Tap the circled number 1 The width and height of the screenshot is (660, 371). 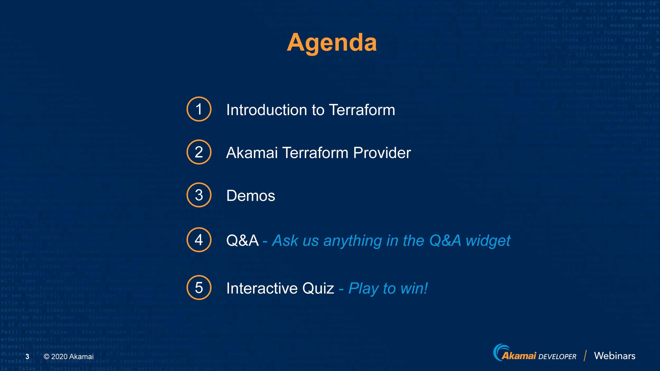coord(199,109)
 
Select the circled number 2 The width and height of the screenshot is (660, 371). coord(199,152)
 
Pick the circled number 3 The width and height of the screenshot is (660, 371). coord(199,195)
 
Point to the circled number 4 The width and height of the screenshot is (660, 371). coord(199,240)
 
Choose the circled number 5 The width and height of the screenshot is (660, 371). coord(199,287)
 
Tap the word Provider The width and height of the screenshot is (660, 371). coord(382,153)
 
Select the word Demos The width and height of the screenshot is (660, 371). coord(251,196)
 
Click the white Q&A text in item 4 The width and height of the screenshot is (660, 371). coord(242,240)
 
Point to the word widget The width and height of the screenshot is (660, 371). coord(488,241)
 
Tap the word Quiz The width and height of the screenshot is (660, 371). coord(318,288)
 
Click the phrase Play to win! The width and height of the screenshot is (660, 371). coord(388,288)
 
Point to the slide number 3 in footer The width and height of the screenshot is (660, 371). coord(27,357)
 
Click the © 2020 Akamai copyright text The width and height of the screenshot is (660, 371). coord(69,357)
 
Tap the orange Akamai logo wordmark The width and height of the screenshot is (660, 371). coord(518,356)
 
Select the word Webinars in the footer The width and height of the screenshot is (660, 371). coord(615,356)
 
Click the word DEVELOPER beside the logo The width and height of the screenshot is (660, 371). coord(557,357)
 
